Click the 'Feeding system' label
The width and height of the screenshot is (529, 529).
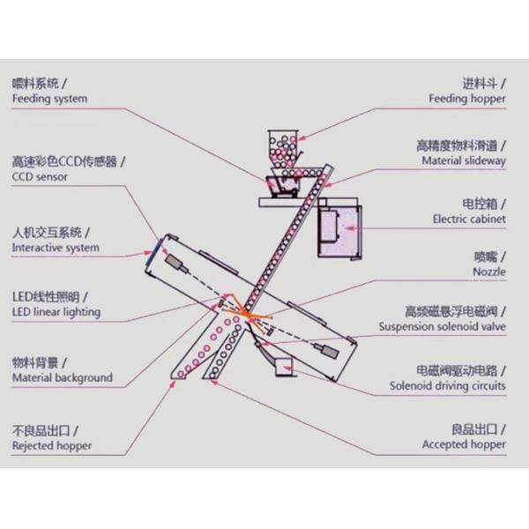[49, 100]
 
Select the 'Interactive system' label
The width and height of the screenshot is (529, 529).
[56, 249]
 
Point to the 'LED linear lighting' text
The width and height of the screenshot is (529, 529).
[56, 312]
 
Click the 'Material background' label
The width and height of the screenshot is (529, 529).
[62, 378]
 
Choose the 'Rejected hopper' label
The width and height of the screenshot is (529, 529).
[51, 446]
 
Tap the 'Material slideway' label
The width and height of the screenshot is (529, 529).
[464, 161]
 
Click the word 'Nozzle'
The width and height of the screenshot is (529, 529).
[489, 272]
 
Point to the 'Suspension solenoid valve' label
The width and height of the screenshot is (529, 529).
[443, 327]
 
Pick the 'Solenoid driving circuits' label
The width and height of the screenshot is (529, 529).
[448, 386]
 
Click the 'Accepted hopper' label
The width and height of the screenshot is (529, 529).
[464, 445]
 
